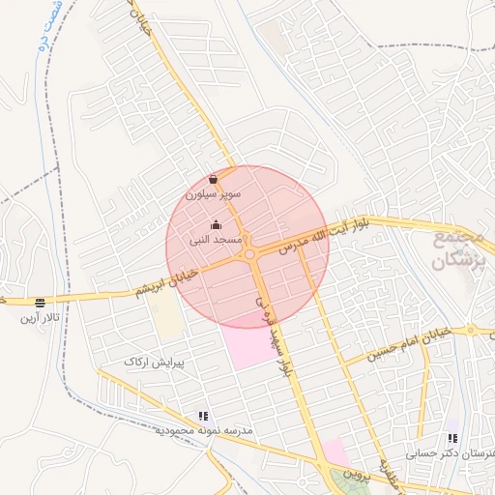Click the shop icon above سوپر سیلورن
coord(213,179)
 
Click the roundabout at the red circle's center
coord(250,254)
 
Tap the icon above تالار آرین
coord(39,303)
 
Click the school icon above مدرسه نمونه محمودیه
coord(203,416)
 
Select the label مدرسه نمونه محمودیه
coord(204,429)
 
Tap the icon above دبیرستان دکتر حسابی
coord(452,438)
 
